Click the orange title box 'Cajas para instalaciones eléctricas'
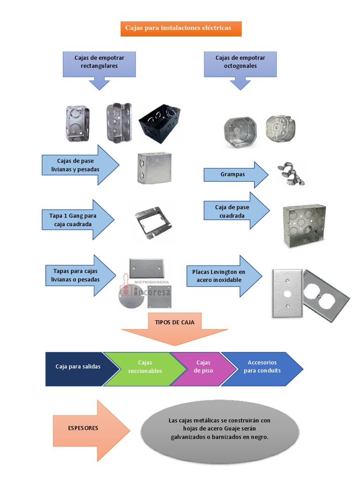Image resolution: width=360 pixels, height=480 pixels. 181,28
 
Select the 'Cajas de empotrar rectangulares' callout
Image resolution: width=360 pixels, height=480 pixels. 99,63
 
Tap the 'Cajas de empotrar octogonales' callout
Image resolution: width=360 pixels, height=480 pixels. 240,63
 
